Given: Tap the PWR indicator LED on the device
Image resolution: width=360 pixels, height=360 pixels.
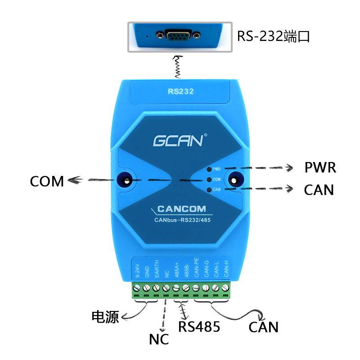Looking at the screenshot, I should click(209, 169).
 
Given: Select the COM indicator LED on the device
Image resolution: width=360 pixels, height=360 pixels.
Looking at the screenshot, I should click(209, 180).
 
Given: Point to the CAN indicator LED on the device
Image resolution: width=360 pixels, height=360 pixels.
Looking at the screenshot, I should click(209, 190).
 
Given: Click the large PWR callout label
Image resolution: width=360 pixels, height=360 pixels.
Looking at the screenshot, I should click(320, 168).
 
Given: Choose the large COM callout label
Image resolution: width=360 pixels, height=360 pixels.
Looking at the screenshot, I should click(47, 181).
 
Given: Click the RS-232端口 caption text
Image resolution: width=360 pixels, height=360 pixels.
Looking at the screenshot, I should click(274, 36).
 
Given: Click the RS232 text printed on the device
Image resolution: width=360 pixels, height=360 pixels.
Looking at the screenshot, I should click(180, 91).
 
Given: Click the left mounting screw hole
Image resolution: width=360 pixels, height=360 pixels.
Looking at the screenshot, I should click(126, 180).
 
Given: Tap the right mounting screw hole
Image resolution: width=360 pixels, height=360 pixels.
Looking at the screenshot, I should click(234, 180).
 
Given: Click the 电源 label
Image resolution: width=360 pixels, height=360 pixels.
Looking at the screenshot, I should click(105, 317).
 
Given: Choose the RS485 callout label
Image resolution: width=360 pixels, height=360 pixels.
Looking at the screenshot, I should click(199, 326).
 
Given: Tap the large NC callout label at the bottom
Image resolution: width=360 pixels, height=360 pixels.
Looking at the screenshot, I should click(158, 339).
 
